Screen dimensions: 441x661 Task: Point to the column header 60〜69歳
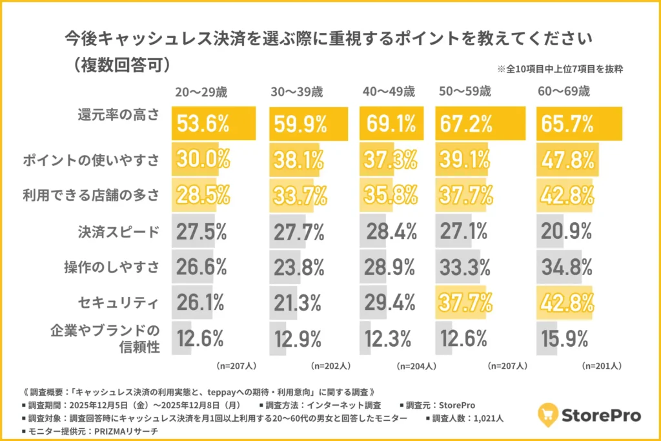click(x=564, y=92)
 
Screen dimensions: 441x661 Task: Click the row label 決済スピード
click(x=119, y=231)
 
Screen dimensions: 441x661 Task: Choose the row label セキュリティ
click(x=119, y=300)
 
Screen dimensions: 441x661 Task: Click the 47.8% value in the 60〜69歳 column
click(x=565, y=159)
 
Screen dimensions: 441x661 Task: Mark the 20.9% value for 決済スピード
click(x=565, y=231)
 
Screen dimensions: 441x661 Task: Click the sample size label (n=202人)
click(x=330, y=365)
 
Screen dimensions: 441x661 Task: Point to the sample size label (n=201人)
click(x=601, y=365)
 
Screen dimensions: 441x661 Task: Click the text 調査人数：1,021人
click(x=468, y=418)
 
